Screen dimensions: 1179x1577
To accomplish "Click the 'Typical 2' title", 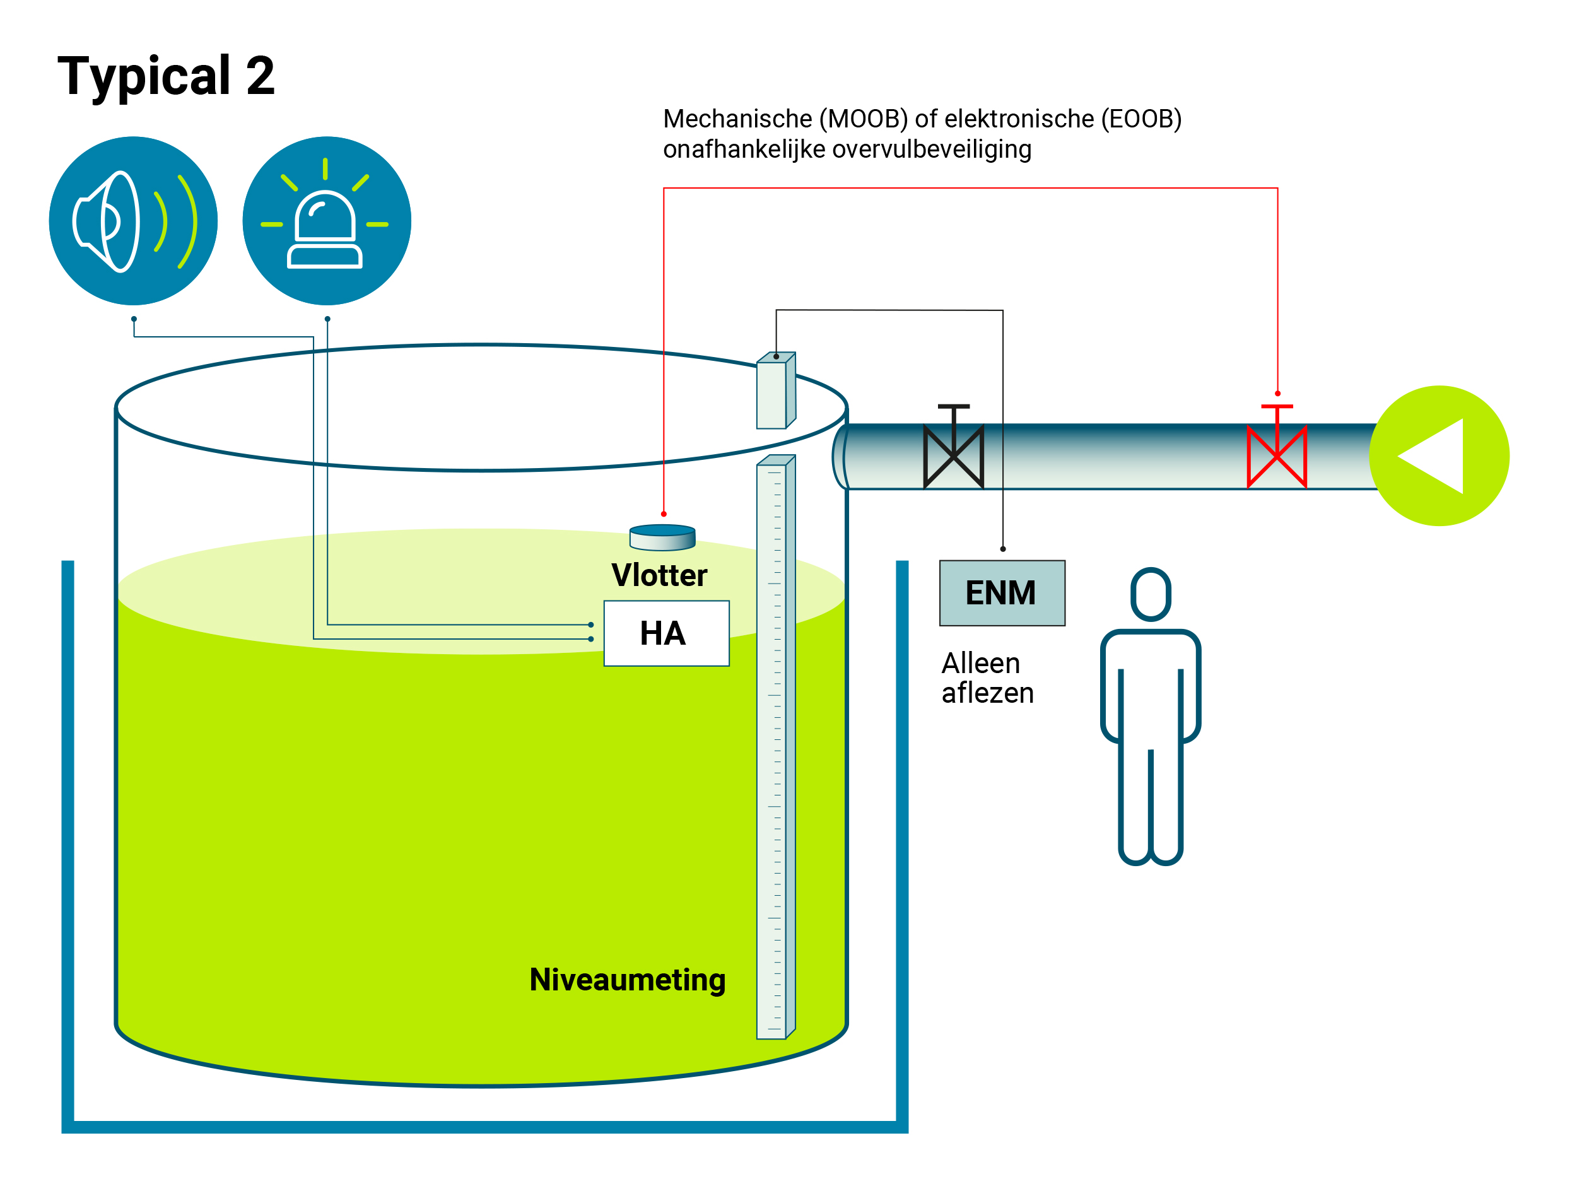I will pos(165,76).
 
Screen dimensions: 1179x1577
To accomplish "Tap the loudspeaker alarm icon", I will pos(133,221).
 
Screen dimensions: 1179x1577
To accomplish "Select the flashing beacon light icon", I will pos(327,221).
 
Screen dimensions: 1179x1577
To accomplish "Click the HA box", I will pos(666,633).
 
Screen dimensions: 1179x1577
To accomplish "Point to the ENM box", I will pos(1002,593).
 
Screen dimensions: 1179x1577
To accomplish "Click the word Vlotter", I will pos(659,575).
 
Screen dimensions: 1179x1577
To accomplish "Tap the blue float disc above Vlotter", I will pos(662,537).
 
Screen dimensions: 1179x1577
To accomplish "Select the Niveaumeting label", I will pos(628,980).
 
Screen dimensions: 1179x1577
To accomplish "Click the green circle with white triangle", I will pos(1439,456).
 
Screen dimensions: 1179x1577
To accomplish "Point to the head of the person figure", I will pos(1151,594).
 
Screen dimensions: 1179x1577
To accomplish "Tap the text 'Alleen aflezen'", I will pos(987,678).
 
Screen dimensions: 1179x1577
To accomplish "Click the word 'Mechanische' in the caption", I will pos(737,119).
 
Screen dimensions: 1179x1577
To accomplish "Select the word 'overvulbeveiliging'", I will pos(932,150).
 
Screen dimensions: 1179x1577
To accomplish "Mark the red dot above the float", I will pos(664,514).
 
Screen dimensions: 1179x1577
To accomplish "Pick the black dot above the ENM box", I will pos(1003,549).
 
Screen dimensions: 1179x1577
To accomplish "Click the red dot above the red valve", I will pos(1277,394).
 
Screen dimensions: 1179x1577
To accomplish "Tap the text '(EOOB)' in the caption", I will pos(1140,119).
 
